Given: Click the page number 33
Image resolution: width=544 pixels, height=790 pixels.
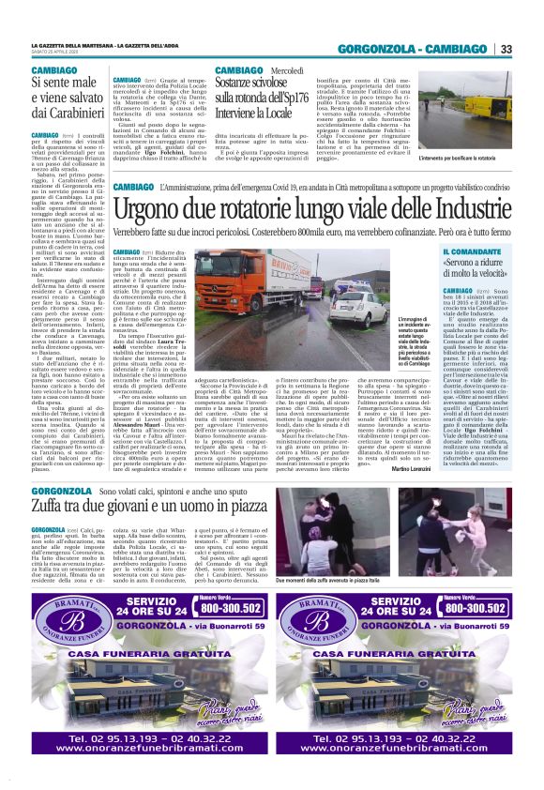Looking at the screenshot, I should (506, 49).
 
